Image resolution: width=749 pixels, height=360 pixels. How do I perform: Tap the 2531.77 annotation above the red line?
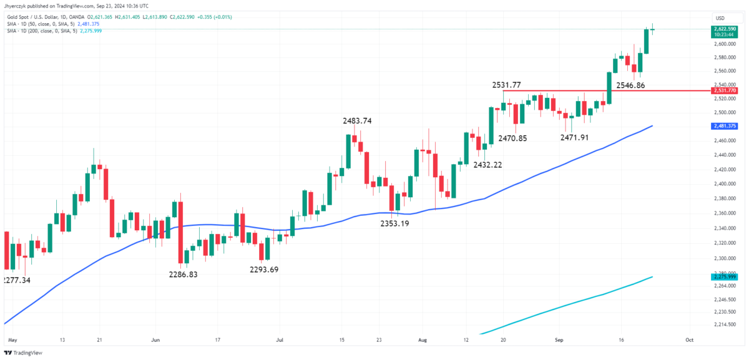pos(507,85)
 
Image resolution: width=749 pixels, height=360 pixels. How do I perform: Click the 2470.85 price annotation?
pos(512,138)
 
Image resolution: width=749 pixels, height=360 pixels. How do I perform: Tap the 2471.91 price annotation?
pos(581,137)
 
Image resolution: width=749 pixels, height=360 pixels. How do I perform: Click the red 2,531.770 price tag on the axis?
pos(725,90)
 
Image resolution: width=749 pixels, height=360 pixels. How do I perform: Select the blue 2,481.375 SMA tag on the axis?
pos(725,126)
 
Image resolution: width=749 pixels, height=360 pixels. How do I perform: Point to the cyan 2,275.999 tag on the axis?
pos(725,276)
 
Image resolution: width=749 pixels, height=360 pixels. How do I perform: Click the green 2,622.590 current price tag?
pos(725,29)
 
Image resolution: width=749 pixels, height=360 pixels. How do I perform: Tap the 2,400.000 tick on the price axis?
pos(723,184)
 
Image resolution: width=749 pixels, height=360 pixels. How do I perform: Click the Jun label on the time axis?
pos(155,341)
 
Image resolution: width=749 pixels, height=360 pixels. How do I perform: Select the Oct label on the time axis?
pos(689,341)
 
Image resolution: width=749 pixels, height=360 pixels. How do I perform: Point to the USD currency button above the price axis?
pos(719,17)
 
